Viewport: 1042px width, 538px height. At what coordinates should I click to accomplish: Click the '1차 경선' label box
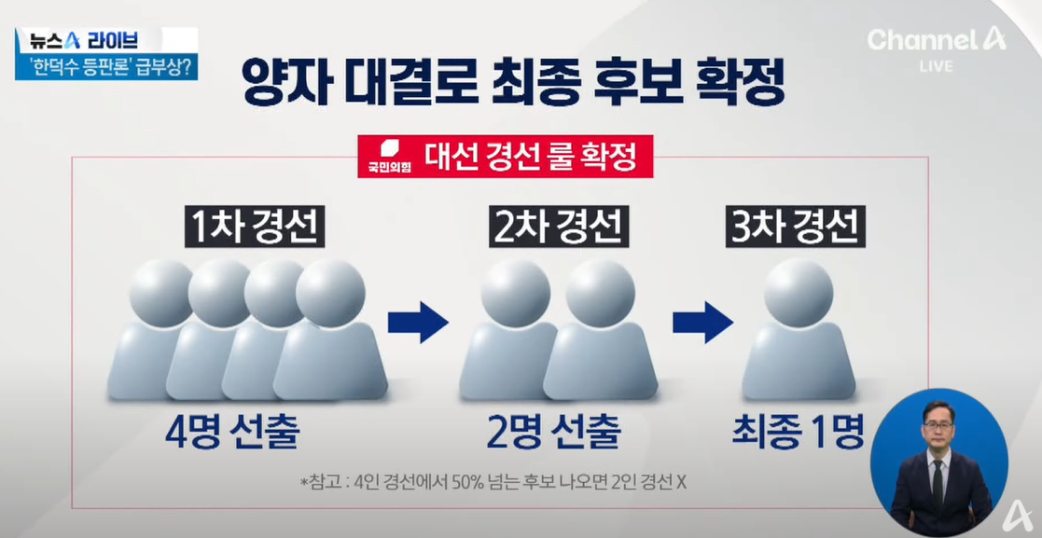pyautogui.click(x=254, y=228)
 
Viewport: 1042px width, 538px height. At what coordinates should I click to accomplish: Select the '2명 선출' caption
pyautogui.click(x=553, y=432)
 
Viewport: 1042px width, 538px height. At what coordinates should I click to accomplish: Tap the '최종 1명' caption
pyautogui.click(x=799, y=432)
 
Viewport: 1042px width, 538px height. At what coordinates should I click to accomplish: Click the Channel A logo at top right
pyautogui.click(x=936, y=39)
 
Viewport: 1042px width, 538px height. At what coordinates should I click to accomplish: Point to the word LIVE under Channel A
pyautogui.click(x=936, y=67)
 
